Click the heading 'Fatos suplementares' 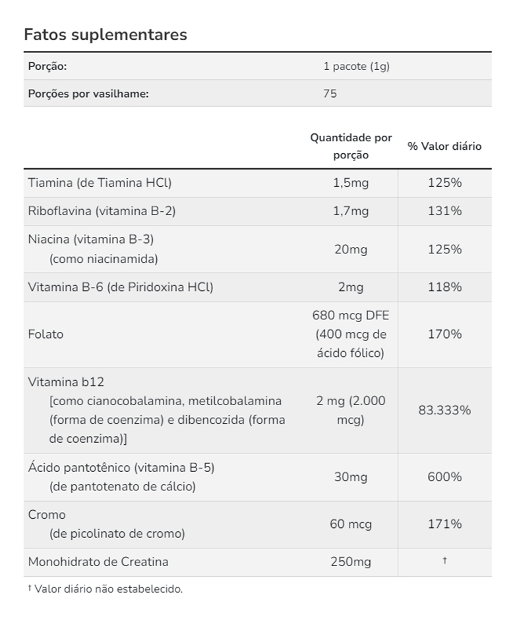pos(106,35)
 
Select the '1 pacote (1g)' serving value pos(356,67)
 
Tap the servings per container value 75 pos(330,94)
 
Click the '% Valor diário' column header pos(444,147)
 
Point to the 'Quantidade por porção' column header pos(351,147)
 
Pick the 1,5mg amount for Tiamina pos(351,183)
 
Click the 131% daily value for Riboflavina pos(444,211)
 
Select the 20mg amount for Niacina pos(351,249)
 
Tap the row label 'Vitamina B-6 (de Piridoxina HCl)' pos(121,287)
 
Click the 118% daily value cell pos(444,287)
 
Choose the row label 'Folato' pos(46,335)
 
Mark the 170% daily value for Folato pos(444,335)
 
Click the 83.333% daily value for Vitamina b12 pos(444,410)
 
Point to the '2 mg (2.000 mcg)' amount pos(351,410)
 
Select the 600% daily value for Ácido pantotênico pos(444,477)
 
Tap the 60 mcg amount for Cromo pos(351,525)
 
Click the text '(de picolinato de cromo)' pos(117,534)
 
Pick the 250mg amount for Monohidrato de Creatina pos(351,562)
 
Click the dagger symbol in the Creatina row pos(444,561)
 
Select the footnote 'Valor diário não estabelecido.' pos(108,589)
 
